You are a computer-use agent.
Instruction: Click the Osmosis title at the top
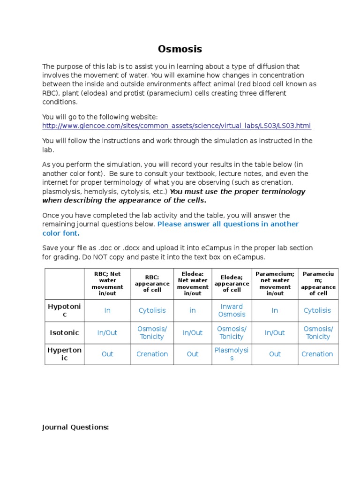click(x=180, y=49)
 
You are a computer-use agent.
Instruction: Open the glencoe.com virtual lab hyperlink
click(x=176, y=126)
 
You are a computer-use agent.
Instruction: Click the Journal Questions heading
click(x=75, y=427)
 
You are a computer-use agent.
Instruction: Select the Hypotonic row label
click(x=65, y=310)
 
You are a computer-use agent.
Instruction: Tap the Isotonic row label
click(x=65, y=333)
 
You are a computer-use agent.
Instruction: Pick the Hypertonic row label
click(x=65, y=354)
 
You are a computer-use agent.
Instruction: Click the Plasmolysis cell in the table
click(x=232, y=354)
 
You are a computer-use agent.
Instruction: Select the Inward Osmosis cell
click(x=232, y=310)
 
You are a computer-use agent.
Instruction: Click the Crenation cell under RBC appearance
click(x=152, y=354)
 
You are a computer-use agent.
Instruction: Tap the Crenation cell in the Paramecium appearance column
click(x=317, y=354)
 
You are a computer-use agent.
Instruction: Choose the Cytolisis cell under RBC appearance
click(x=152, y=310)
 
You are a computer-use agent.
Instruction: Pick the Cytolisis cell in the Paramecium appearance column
click(x=317, y=310)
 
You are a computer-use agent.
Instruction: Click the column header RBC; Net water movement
click(x=107, y=284)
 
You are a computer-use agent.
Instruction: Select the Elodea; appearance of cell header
click(x=232, y=284)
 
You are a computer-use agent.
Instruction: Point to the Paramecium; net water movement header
click(x=275, y=284)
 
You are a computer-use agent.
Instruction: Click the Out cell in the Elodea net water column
click(x=193, y=354)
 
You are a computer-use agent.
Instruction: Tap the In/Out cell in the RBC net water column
click(x=107, y=333)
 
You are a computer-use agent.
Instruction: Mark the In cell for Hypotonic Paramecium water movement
click(x=275, y=310)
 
